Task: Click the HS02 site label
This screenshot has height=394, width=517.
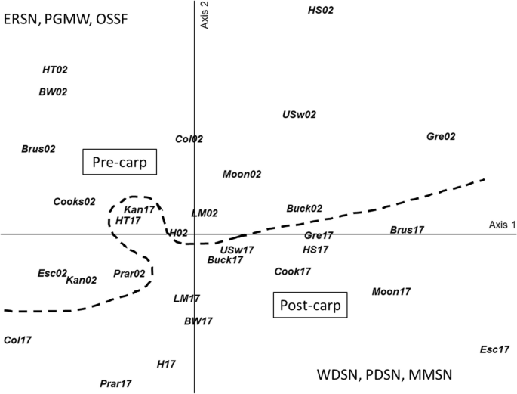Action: pyautogui.click(x=321, y=10)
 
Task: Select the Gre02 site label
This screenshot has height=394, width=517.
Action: pyautogui.click(x=441, y=137)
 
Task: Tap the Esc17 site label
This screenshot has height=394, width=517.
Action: pyautogui.click(x=495, y=349)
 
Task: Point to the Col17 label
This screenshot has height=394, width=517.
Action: pyautogui.click(x=18, y=340)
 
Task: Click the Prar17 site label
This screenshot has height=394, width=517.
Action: pyautogui.click(x=116, y=383)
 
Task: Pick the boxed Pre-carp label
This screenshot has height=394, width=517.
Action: pyautogui.click(x=119, y=162)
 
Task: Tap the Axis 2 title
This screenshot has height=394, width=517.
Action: pyautogui.click(x=204, y=15)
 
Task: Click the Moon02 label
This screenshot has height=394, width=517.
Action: pyautogui.click(x=242, y=174)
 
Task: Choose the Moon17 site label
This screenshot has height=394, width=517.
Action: pyautogui.click(x=391, y=291)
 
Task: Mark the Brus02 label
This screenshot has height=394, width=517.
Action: pyautogui.click(x=38, y=149)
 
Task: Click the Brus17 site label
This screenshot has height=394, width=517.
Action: pyautogui.click(x=407, y=230)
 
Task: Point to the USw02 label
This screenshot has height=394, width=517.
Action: pyautogui.click(x=300, y=115)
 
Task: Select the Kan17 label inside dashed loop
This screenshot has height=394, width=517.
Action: pyautogui.click(x=140, y=209)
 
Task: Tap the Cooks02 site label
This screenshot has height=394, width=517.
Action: pyautogui.click(x=75, y=201)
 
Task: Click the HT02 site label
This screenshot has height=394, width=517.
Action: pyautogui.click(x=55, y=70)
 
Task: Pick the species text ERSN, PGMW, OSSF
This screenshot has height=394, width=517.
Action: pyautogui.click(x=65, y=19)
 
